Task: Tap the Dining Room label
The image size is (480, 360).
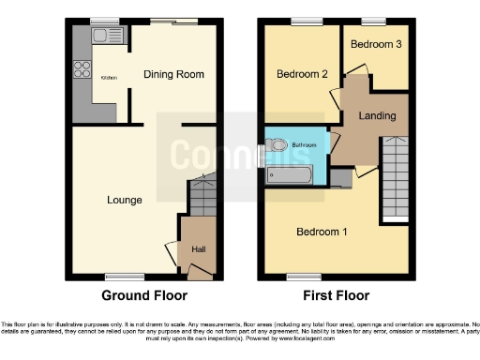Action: pyautogui.click(x=173, y=74)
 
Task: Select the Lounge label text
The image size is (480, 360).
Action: pyautogui.click(x=124, y=200)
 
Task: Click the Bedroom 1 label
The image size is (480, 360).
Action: pyautogui.click(x=322, y=232)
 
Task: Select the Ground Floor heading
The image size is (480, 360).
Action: pyautogui.click(x=146, y=293)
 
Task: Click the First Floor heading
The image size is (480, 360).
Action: pyautogui.click(x=337, y=293)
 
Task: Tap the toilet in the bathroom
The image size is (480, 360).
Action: pyautogui.click(x=278, y=145)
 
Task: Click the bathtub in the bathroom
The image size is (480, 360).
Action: pyautogui.click(x=293, y=173)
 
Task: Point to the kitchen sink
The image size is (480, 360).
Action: pyautogui.click(x=99, y=37)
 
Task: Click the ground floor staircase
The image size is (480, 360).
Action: pyautogui.click(x=202, y=199)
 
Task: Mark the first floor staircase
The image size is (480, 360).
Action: pyautogui.click(x=396, y=178)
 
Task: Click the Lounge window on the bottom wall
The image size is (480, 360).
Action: pyautogui.click(x=124, y=276)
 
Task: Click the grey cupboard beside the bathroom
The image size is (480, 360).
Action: pyautogui.click(x=341, y=179)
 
